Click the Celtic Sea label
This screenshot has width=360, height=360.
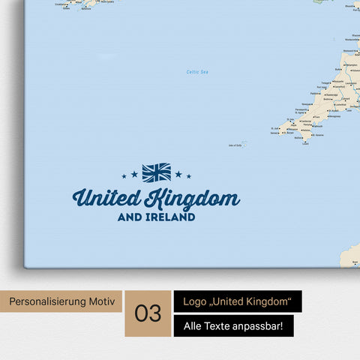[196, 72]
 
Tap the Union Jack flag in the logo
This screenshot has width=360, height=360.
[157, 172]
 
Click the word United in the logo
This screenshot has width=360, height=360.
[106, 199]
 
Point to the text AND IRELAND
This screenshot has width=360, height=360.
[157, 217]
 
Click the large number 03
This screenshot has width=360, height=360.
[148, 313]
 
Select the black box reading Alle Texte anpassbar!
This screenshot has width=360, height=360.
[233, 326]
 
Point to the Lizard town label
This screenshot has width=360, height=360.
[304, 144]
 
